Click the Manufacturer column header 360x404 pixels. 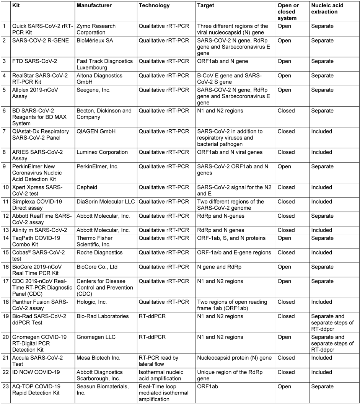click(94, 6)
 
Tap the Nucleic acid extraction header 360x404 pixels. click(324, 9)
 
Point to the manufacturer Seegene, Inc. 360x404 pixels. click(94, 90)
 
